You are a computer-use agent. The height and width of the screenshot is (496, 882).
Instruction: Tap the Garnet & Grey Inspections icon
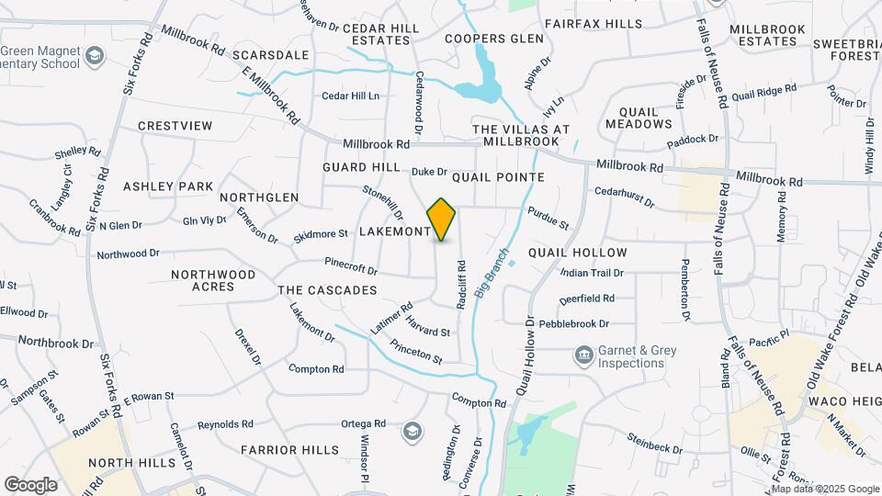583,355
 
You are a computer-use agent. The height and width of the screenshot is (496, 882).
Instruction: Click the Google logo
30,485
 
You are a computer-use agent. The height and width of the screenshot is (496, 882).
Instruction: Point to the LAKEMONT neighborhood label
395,231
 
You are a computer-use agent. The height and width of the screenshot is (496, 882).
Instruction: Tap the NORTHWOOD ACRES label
213,280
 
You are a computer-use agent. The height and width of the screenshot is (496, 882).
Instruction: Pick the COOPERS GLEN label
488,39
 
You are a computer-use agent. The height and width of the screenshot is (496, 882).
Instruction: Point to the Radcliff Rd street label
461,284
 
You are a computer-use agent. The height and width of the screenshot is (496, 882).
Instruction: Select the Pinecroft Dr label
351,266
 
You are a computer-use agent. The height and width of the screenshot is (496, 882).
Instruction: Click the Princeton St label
416,352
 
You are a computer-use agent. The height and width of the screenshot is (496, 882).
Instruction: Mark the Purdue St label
548,218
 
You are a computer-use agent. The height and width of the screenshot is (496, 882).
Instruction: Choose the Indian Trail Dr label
592,273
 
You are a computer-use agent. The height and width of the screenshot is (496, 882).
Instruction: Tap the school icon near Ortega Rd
413,431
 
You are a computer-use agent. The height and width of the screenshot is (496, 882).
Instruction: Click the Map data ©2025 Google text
826,488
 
